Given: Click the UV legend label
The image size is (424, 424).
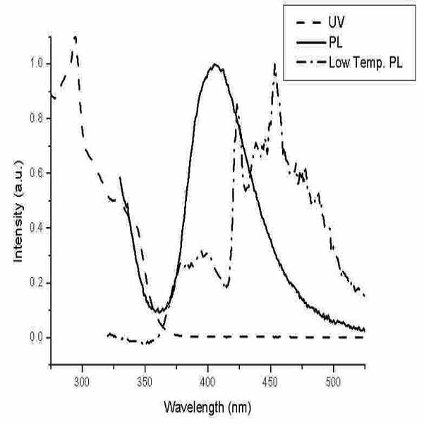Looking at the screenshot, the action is click(x=337, y=22).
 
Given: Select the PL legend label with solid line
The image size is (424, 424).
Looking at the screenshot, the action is click(x=336, y=43).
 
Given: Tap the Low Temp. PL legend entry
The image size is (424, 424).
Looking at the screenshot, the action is click(x=365, y=63).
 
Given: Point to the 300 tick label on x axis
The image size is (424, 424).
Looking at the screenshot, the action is click(x=82, y=382).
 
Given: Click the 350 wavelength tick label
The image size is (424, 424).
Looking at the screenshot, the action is click(x=145, y=382).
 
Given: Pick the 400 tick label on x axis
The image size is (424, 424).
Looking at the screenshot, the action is click(x=207, y=382).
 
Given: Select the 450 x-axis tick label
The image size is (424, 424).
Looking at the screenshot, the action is click(x=270, y=382).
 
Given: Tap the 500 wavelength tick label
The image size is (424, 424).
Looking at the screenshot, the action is click(x=333, y=382).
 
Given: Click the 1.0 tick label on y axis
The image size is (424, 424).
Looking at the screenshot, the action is click(x=37, y=63).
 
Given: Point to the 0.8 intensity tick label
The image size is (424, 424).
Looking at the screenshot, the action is click(x=37, y=119).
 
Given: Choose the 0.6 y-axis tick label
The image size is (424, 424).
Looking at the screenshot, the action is click(x=37, y=173).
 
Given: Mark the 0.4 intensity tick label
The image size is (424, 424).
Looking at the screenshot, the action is click(x=37, y=228).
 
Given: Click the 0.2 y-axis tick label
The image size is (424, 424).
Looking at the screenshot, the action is click(x=37, y=283).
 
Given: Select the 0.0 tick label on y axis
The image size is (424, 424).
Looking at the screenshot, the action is click(x=37, y=337).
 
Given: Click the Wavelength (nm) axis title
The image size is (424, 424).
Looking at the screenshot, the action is click(x=207, y=407).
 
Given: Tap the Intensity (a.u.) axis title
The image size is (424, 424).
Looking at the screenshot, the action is click(x=18, y=212).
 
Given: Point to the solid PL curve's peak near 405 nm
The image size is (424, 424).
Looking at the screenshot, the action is click(x=215, y=64).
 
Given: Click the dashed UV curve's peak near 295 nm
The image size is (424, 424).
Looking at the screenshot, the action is click(x=75, y=37).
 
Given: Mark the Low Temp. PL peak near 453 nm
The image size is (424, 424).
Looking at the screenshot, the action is click(x=274, y=63).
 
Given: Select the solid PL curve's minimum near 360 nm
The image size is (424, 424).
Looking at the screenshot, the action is click(x=159, y=312).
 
